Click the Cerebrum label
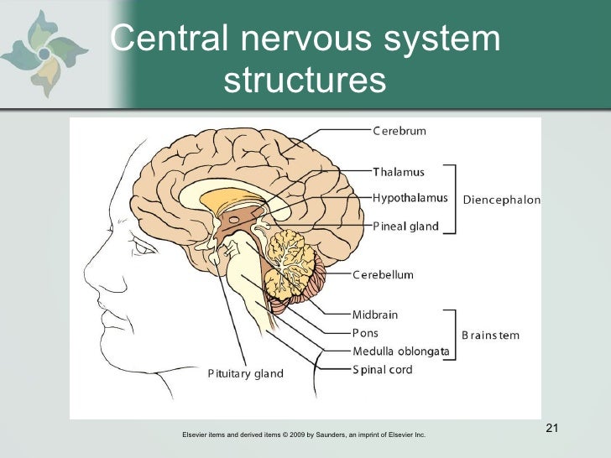(x=399, y=131)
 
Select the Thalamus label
(x=399, y=173)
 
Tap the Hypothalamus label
(x=410, y=199)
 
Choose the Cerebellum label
(x=383, y=275)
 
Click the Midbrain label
(x=375, y=315)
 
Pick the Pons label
(x=365, y=334)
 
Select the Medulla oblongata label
(x=400, y=351)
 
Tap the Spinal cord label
(x=382, y=370)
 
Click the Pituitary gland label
(x=246, y=374)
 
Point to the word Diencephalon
(x=502, y=200)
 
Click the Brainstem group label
(x=490, y=336)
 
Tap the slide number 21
(x=551, y=429)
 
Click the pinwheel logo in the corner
(x=43, y=54)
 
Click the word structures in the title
(x=305, y=81)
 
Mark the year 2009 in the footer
(x=297, y=435)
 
